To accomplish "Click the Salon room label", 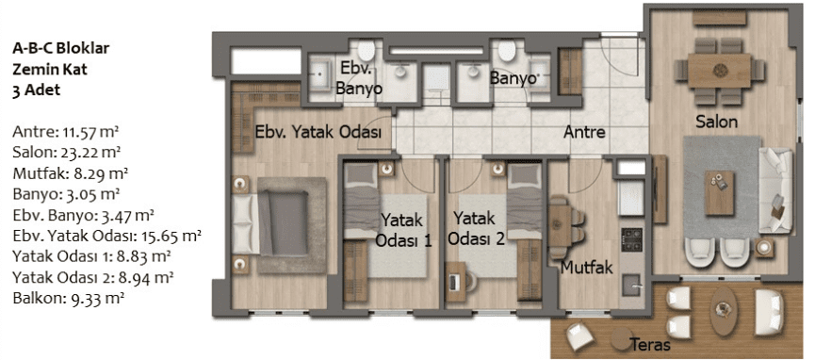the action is (x=717, y=123).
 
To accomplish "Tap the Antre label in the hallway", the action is (x=585, y=132).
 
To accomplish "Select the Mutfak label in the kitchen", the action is (x=587, y=268).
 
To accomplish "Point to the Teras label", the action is (x=650, y=344).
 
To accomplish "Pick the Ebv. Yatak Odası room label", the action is (x=318, y=132).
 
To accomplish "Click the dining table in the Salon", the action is (x=720, y=71).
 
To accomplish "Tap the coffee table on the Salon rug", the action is (x=719, y=193).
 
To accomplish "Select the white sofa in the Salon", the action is (x=775, y=189).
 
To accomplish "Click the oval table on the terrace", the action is (x=723, y=312).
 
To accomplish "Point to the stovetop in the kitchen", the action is (x=631, y=239).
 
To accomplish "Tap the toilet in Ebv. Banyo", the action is (x=367, y=51).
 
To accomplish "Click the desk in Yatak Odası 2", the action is (x=455, y=282).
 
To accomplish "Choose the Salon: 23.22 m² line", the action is (x=67, y=152).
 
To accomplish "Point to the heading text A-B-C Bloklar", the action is (x=61, y=49).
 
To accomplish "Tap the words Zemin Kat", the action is (x=50, y=69).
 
